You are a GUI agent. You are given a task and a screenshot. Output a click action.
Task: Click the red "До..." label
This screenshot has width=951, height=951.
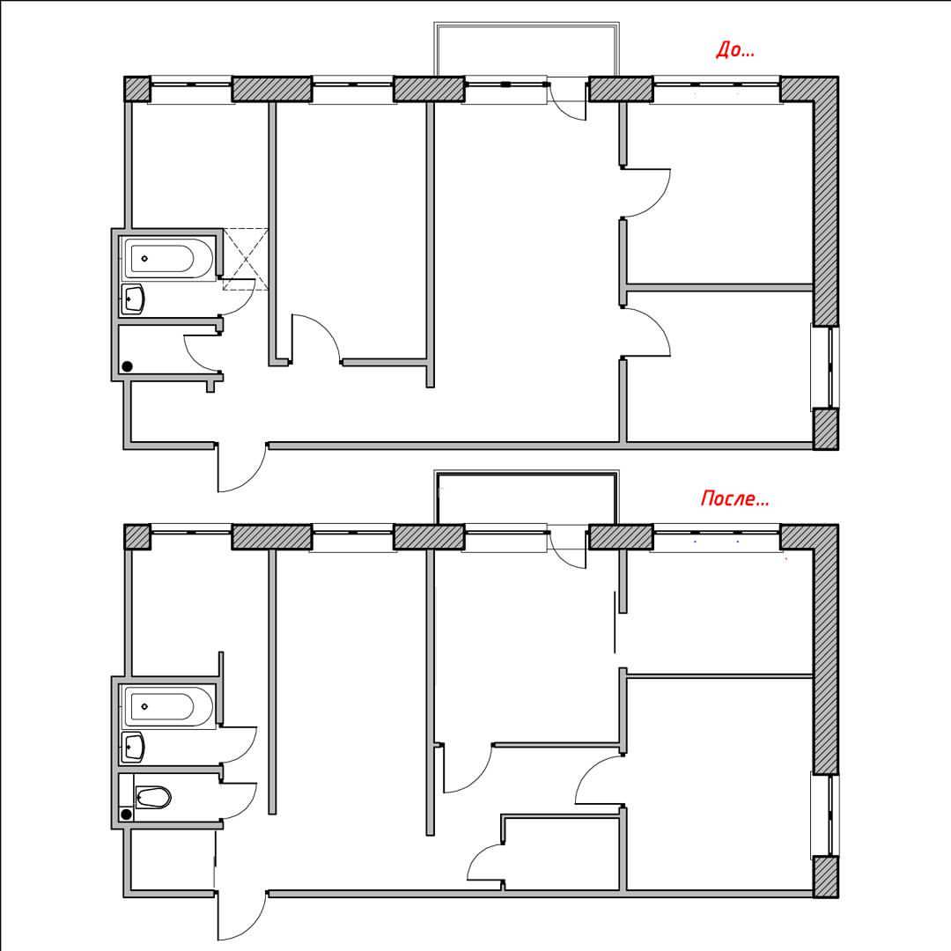point(735,49)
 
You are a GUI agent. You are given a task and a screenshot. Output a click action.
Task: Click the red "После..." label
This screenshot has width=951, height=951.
point(734,498)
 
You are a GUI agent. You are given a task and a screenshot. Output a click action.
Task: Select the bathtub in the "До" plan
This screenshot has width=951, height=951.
point(168,258)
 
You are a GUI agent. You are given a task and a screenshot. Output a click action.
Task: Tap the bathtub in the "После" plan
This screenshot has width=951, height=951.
point(168,706)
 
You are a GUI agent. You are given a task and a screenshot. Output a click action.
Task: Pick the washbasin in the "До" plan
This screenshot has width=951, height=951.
point(133,299)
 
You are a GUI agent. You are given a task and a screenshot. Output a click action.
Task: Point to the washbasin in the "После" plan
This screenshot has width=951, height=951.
point(133,748)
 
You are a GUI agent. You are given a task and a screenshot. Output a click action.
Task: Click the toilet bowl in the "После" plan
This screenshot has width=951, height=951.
point(153,797)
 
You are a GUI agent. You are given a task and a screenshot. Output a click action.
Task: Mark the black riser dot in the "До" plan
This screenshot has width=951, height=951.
point(128,366)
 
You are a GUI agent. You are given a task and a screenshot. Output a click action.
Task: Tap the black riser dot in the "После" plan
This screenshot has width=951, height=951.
point(126,814)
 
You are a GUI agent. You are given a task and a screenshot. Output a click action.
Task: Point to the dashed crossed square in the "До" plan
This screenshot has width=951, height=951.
point(246,259)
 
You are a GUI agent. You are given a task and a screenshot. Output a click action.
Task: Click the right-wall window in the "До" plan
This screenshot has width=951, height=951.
point(825,367)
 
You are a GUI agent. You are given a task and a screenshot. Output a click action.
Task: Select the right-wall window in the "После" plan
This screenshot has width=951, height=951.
point(825,815)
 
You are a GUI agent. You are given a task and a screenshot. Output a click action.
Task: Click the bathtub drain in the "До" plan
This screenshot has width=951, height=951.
point(144,258)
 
